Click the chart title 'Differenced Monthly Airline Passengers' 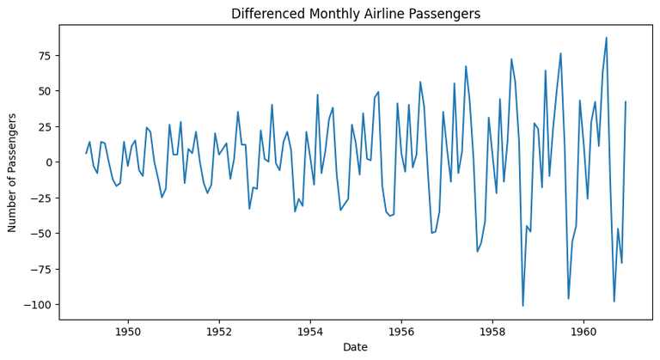coord(356,14)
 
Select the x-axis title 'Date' coord(356,346)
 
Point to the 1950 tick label coord(128,331)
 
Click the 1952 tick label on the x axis coord(219,331)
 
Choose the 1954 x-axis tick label coord(310,331)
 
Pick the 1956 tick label coord(401,331)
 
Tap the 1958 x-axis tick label coord(492,331)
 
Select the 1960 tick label coord(584,331)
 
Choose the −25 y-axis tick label coord(41,198)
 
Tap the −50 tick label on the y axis coord(41,234)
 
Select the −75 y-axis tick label coord(41,269)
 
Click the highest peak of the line coord(606,38)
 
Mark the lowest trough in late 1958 coord(522,306)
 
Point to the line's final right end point coord(626,101)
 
